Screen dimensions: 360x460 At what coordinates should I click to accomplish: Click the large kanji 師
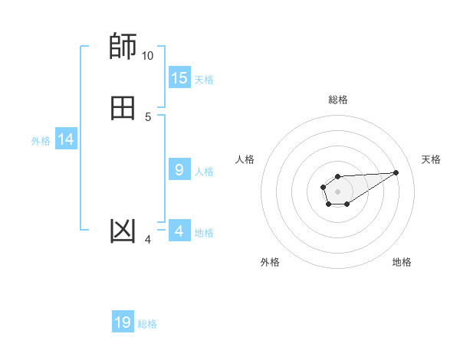click(123, 47)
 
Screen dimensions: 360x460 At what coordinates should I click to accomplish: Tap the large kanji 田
click(123, 108)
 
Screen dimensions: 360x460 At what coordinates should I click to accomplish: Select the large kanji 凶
click(123, 231)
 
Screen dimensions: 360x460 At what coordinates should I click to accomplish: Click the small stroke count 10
click(147, 56)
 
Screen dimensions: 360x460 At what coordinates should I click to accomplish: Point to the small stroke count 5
click(148, 116)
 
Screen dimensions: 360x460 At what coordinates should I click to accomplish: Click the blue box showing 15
click(179, 78)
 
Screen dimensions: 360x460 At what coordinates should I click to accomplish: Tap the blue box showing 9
click(179, 170)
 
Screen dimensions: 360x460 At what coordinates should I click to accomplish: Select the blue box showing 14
click(66, 139)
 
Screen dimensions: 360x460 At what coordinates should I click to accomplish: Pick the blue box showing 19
click(123, 322)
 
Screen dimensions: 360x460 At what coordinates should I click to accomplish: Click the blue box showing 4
click(179, 231)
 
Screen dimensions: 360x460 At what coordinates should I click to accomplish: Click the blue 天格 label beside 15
click(204, 80)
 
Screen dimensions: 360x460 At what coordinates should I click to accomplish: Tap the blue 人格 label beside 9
click(204, 172)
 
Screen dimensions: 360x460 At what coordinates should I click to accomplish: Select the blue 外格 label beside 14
click(41, 141)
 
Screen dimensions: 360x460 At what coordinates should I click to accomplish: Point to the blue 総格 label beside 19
click(147, 324)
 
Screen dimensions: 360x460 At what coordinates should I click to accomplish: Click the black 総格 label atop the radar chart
click(337, 100)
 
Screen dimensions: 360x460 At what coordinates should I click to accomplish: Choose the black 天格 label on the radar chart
click(432, 159)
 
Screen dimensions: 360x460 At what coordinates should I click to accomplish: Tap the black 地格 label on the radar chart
click(402, 262)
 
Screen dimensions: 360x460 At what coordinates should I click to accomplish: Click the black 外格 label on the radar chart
click(270, 262)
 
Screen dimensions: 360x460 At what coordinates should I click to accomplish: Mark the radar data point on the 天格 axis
click(396, 172)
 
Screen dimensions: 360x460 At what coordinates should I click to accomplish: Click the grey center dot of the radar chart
click(337, 191)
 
